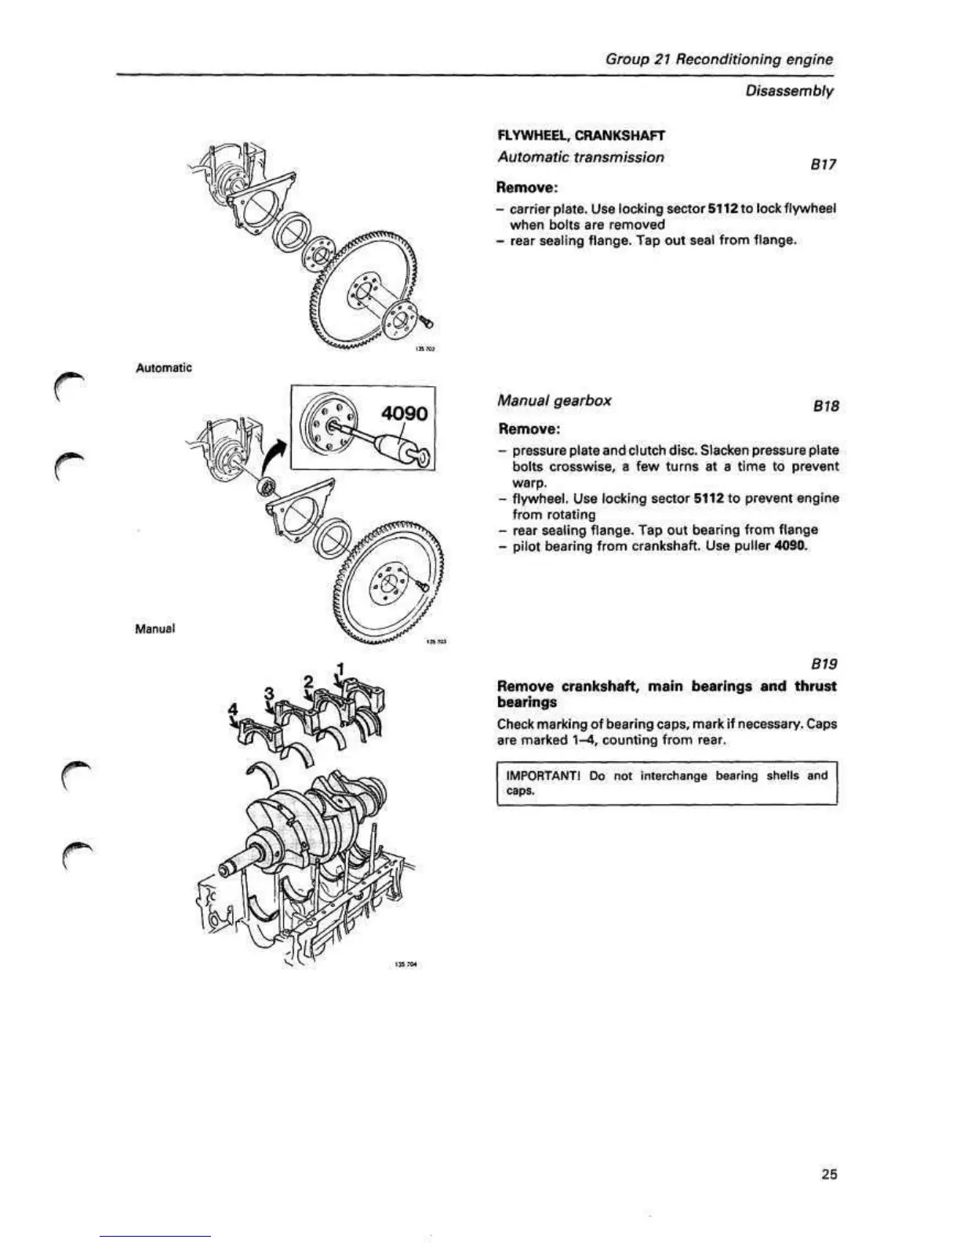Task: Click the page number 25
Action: click(x=829, y=1174)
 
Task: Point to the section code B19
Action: click(x=825, y=664)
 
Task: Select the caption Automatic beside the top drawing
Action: click(x=163, y=367)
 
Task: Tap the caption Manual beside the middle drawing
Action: click(x=155, y=629)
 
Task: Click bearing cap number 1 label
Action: click(x=340, y=669)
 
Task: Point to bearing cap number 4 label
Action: click(x=232, y=709)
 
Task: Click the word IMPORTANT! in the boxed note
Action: click(x=540, y=776)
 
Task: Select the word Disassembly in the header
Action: click(x=789, y=91)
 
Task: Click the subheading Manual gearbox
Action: click(x=554, y=400)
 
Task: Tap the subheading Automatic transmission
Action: click(x=580, y=157)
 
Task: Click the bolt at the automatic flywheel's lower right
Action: click(x=426, y=319)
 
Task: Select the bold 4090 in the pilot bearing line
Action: click(x=790, y=546)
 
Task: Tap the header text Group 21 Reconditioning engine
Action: click(x=718, y=60)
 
